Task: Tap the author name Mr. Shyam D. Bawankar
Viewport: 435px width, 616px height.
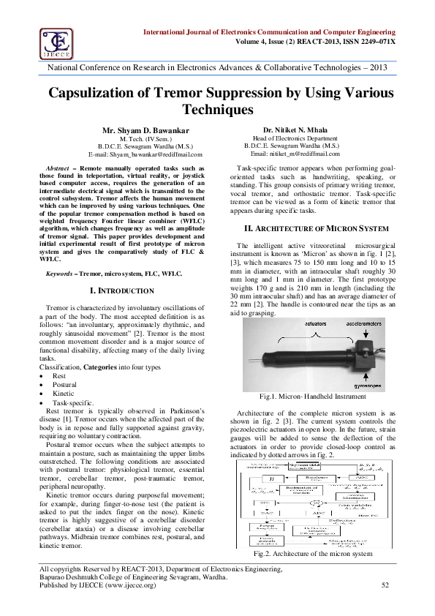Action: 145,129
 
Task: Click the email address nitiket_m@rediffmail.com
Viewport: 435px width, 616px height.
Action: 291,154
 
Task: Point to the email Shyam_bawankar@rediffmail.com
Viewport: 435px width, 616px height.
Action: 145,154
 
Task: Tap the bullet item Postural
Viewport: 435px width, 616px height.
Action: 65,384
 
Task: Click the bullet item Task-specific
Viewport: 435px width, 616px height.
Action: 72,402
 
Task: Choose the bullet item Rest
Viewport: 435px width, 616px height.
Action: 59,375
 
